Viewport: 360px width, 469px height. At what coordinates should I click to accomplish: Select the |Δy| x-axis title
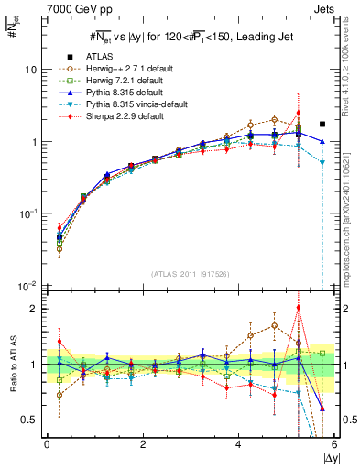tap(325, 457)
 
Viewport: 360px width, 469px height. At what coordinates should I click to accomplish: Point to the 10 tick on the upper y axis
tap(30, 70)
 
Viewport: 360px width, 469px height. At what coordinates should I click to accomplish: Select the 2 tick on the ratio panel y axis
tap(33, 309)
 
